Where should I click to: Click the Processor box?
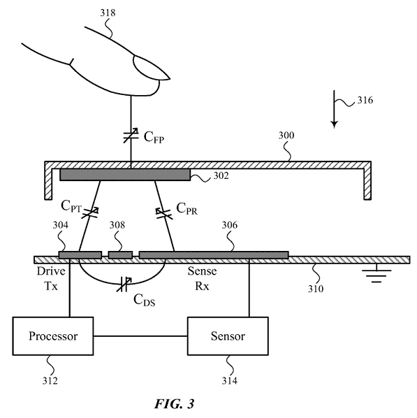pyautogui.click(x=53, y=336)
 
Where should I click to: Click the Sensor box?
pyautogui.click(x=228, y=336)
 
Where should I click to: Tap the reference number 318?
pyautogui.click(x=108, y=13)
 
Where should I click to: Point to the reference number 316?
pyautogui.click(x=365, y=100)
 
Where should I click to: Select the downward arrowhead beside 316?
pyautogui.click(x=334, y=124)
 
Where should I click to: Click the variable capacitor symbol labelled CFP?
pyautogui.click(x=131, y=136)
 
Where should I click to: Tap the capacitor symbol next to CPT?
pyautogui.click(x=90, y=212)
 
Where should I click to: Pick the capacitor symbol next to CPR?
pyautogui.click(x=164, y=214)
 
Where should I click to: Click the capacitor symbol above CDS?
pyautogui.click(x=124, y=284)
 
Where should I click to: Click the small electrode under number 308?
pyautogui.click(x=120, y=255)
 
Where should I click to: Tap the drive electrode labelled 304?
pyautogui.click(x=80, y=255)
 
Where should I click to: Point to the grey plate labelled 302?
pyautogui.click(x=125, y=175)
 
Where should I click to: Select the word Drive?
pyautogui.click(x=51, y=271)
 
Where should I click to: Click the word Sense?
pyautogui.click(x=202, y=271)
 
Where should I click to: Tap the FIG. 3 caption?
pyautogui.click(x=175, y=403)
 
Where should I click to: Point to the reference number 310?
pyautogui.click(x=316, y=289)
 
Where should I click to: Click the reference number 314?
pyautogui.click(x=229, y=381)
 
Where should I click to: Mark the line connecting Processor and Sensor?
pyautogui.click(x=140, y=336)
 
